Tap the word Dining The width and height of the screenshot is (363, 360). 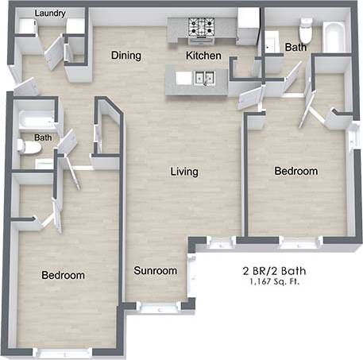click(126, 56)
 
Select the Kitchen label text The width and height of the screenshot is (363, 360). click(203, 56)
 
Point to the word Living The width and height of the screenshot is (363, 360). click(184, 172)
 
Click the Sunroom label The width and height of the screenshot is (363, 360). click(155, 271)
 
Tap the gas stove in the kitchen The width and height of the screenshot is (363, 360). click(202, 28)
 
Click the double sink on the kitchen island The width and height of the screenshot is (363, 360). click(202, 78)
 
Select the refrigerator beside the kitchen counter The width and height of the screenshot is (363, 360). click(249, 26)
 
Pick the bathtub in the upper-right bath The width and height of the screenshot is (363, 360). click(334, 36)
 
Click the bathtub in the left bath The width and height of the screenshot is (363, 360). click(35, 121)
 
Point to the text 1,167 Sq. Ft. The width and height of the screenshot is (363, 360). click(275, 282)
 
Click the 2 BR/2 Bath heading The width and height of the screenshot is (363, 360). click(275, 270)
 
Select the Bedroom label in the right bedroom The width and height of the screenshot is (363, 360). click(296, 171)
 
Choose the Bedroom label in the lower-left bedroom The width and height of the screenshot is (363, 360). click(63, 275)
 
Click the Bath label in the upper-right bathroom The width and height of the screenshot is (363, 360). click(295, 48)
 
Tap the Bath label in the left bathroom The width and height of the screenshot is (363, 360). click(43, 137)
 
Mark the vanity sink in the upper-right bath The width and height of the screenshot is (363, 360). click(271, 43)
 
